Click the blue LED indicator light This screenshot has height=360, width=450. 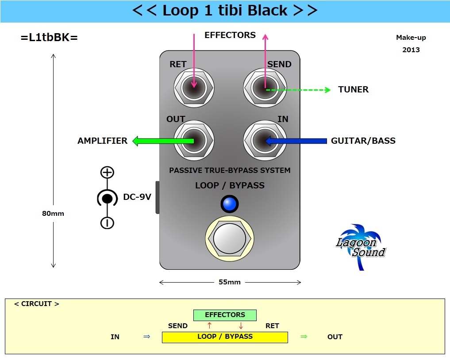230,204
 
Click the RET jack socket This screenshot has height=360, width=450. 194,88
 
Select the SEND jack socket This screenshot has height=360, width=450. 264,88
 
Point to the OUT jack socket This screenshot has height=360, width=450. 194,141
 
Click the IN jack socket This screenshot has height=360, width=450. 264,141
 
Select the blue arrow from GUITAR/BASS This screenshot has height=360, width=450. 296,141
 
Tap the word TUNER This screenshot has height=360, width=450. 353,90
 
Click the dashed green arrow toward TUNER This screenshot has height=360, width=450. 301,90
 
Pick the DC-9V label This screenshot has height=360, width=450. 137,197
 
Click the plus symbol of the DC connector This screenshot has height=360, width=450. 107,172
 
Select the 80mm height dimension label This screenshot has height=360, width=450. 53,214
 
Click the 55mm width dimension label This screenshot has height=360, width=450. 230,282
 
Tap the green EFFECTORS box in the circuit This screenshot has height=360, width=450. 225,315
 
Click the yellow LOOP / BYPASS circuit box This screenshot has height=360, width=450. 225,337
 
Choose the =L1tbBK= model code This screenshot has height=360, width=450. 49,38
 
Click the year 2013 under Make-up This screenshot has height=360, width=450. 411,50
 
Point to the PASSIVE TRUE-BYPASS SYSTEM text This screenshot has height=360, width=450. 230,170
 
